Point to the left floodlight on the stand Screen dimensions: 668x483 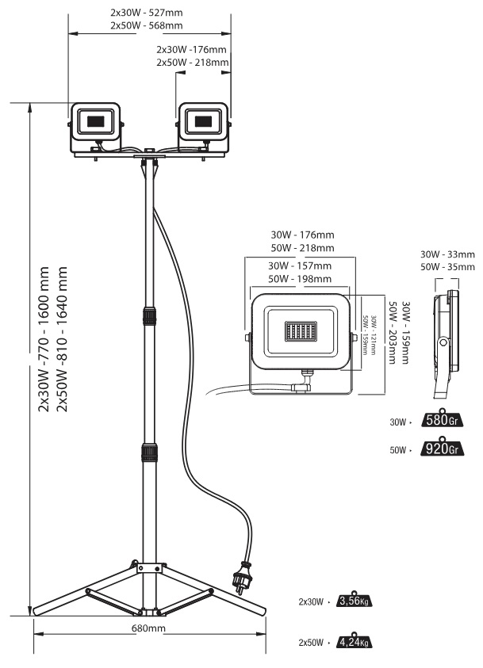(x=96, y=125)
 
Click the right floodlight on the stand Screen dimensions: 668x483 (x=204, y=125)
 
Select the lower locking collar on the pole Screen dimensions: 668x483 (x=148, y=454)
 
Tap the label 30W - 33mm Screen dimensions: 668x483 (x=447, y=254)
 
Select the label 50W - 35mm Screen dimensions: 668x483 (x=447, y=267)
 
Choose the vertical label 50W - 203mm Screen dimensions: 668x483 (x=393, y=331)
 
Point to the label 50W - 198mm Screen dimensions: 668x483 (x=300, y=278)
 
